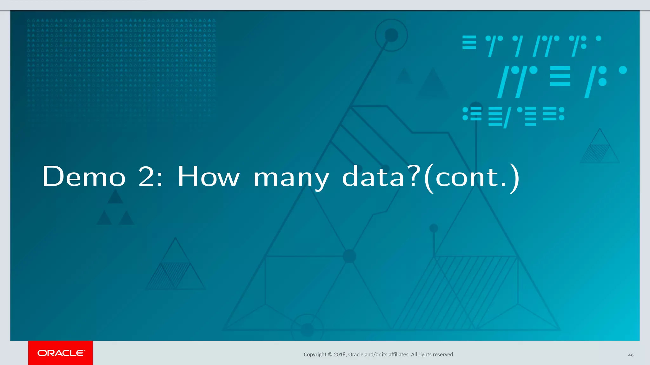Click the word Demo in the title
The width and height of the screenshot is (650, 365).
pos(84,176)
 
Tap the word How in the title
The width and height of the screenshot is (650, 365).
pos(208,176)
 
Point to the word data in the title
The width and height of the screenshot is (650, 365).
pos(373,176)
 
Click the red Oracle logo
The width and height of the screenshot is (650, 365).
pos(60,353)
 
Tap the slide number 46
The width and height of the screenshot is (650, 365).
pos(631,355)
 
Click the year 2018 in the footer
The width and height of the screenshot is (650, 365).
pos(340,355)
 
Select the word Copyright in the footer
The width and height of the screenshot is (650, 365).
pos(315,355)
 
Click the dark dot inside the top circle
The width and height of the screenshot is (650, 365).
pos(391,35)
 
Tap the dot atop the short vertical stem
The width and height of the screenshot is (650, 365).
pos(434,228)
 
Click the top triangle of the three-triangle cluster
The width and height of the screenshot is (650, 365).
pos(115,197)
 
